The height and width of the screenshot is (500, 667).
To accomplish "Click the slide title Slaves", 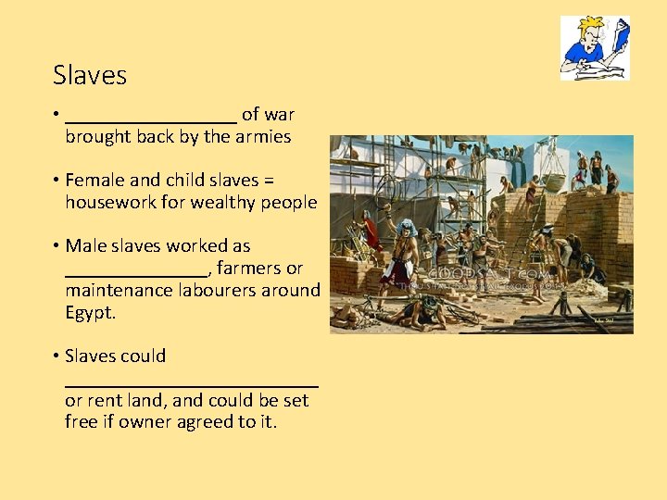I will (x=90, y=75).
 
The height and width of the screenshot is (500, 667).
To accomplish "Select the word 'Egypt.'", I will (x=90, y=312).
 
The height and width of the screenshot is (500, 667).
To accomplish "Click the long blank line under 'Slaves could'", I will (x=192, y=382).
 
